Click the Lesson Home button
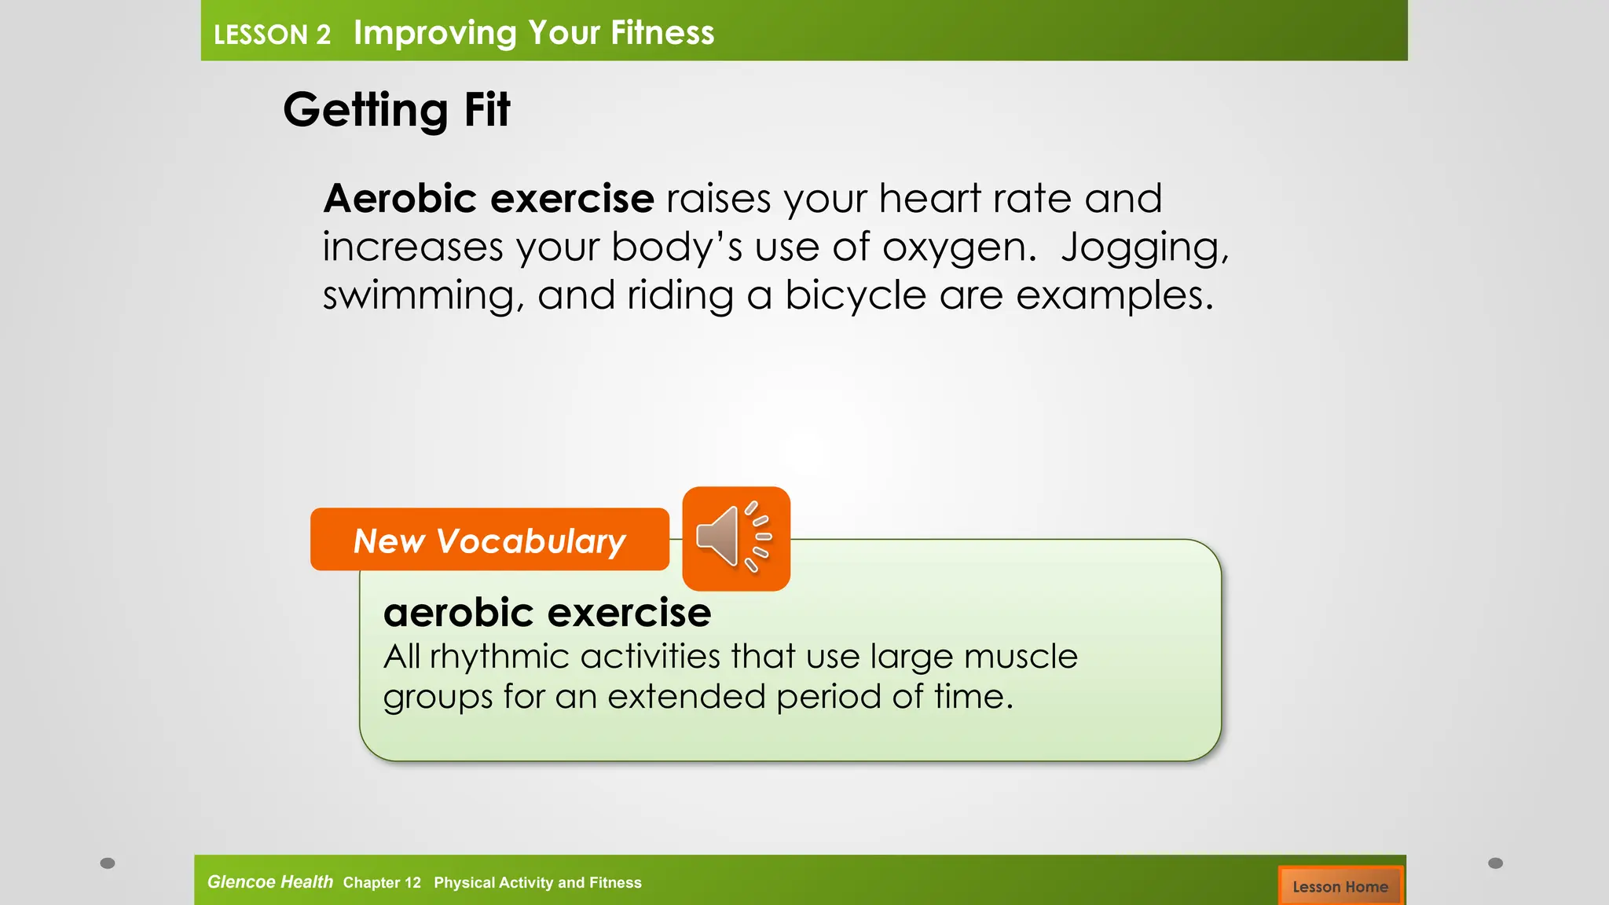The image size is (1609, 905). click(1340, 886)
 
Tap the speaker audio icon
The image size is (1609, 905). click(735, 538)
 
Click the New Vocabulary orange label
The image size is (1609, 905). click(489, 540)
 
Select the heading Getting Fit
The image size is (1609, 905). click(396, 109)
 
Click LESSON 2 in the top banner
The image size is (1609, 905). click(272, 35)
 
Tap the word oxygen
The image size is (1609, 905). click(954, 248)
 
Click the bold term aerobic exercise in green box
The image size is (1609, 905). click(547, 613)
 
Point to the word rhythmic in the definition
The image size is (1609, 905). click(498, 657)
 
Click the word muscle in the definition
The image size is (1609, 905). click(1021, 657)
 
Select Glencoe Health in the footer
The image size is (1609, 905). click(269, 881)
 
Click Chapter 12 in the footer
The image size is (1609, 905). click(382, 882)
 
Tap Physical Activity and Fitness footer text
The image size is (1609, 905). click(537, 882)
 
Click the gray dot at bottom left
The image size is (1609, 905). click(108, 863)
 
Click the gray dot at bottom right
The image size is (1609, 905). click(1495, 863)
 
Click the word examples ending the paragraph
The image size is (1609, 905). click(1114, 296)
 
